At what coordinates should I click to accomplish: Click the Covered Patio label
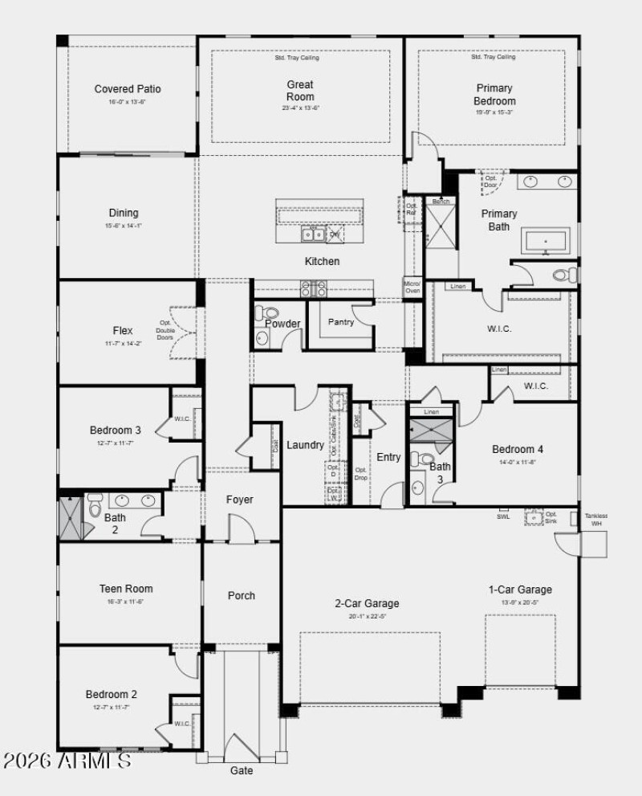pos(128,89)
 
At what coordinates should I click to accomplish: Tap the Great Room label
pos(300,91)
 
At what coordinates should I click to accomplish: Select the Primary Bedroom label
pos(495,95)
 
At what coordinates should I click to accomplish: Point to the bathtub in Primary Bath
pos(546,240)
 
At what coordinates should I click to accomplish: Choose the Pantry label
pos(341,321)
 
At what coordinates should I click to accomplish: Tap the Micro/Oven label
pos(412,287)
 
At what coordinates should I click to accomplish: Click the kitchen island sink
pos(312,234)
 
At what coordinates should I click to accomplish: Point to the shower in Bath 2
pos(71,519)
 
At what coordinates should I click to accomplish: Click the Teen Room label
pos(126,589)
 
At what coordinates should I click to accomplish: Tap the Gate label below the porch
pos(242,770)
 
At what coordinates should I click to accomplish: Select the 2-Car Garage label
pos(367,603)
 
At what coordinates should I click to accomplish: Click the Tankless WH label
pos(596,520)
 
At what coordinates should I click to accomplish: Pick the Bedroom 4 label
pos(518,449)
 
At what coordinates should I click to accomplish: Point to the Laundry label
pos(305,445)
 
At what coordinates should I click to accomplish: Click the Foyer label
pos(239,500)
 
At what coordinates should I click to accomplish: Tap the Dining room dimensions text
pos(124,226)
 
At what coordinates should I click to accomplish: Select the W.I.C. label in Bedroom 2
pos(183,723)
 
